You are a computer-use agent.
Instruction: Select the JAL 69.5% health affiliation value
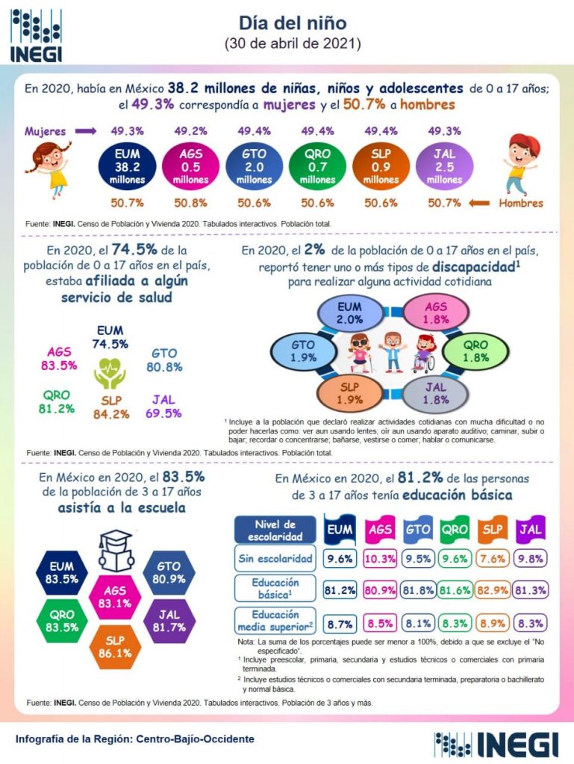[163, 405]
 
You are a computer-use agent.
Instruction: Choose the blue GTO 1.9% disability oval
[303, 351]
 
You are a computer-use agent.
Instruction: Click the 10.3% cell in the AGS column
[381, 557]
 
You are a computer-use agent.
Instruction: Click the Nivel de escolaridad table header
[275, 530]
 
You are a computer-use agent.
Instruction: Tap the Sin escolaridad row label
[275, 558]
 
